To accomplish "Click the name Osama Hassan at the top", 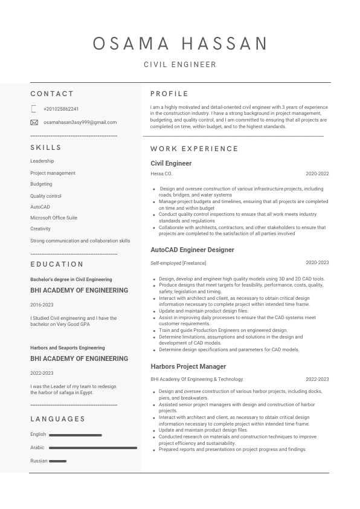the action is pos(180,44).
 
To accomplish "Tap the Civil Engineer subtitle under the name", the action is pos(180,65).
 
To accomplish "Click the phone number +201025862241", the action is pos(61,109).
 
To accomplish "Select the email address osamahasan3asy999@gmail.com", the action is pos(80,122).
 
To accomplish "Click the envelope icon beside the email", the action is pos(34,122).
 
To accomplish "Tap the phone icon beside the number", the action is pos(34,109).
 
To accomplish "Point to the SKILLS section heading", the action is pos(46,148).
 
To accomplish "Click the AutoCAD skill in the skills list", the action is pos(40,207).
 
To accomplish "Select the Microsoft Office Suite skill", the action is pos(54,218).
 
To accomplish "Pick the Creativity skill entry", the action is pos(40,229).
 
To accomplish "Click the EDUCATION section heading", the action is pos(57,264).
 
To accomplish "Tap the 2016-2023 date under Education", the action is pos(42,305).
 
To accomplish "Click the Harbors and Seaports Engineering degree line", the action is pos(67,348).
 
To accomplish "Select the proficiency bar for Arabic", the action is pos(93,448).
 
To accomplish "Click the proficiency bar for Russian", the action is pos(58,461).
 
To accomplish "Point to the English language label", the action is pos(38,434).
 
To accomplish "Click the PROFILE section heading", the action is pos(169,94).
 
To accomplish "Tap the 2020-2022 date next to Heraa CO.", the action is pos(317,173).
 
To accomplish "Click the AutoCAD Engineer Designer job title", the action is pos(192,250).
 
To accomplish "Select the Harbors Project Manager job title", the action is pos(188,366).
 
